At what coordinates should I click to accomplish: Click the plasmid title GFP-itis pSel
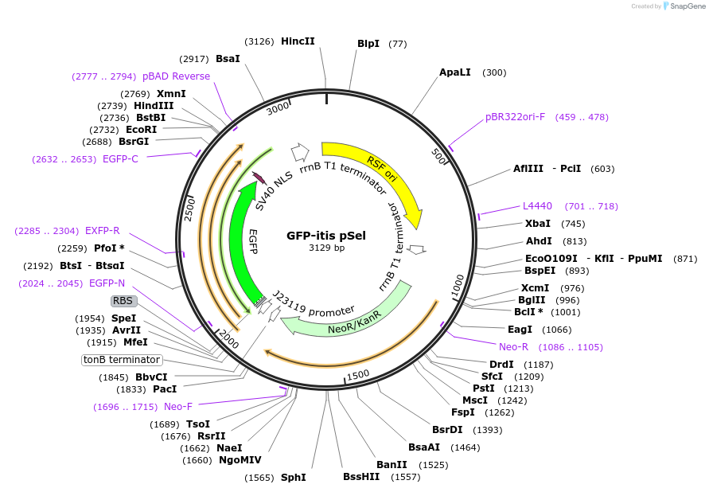[x=326, y=236]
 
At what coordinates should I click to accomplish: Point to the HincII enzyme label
[x=298, y=41]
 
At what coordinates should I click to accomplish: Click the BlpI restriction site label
[x=368, y=44]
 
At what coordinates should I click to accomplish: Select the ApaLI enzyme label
[x=455, y=72]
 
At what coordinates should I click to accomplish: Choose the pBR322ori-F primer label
[x=516, y=117]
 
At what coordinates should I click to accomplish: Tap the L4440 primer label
[x=537, y=206]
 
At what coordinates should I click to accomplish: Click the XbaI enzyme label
[x=537, y=224]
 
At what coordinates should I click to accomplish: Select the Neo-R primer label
[x=513, y=347]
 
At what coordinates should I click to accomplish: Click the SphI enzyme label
[x=293, y=478]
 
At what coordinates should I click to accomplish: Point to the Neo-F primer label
[x=178, y=407]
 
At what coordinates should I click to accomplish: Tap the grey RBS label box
[x=123, y=301]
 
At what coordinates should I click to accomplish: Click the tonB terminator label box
[x=122, y=360]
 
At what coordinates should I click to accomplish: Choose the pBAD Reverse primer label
[x=176, y=76]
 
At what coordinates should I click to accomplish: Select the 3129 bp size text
[x=326, y=248]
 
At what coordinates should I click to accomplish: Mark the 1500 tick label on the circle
[x=357, y=374]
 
